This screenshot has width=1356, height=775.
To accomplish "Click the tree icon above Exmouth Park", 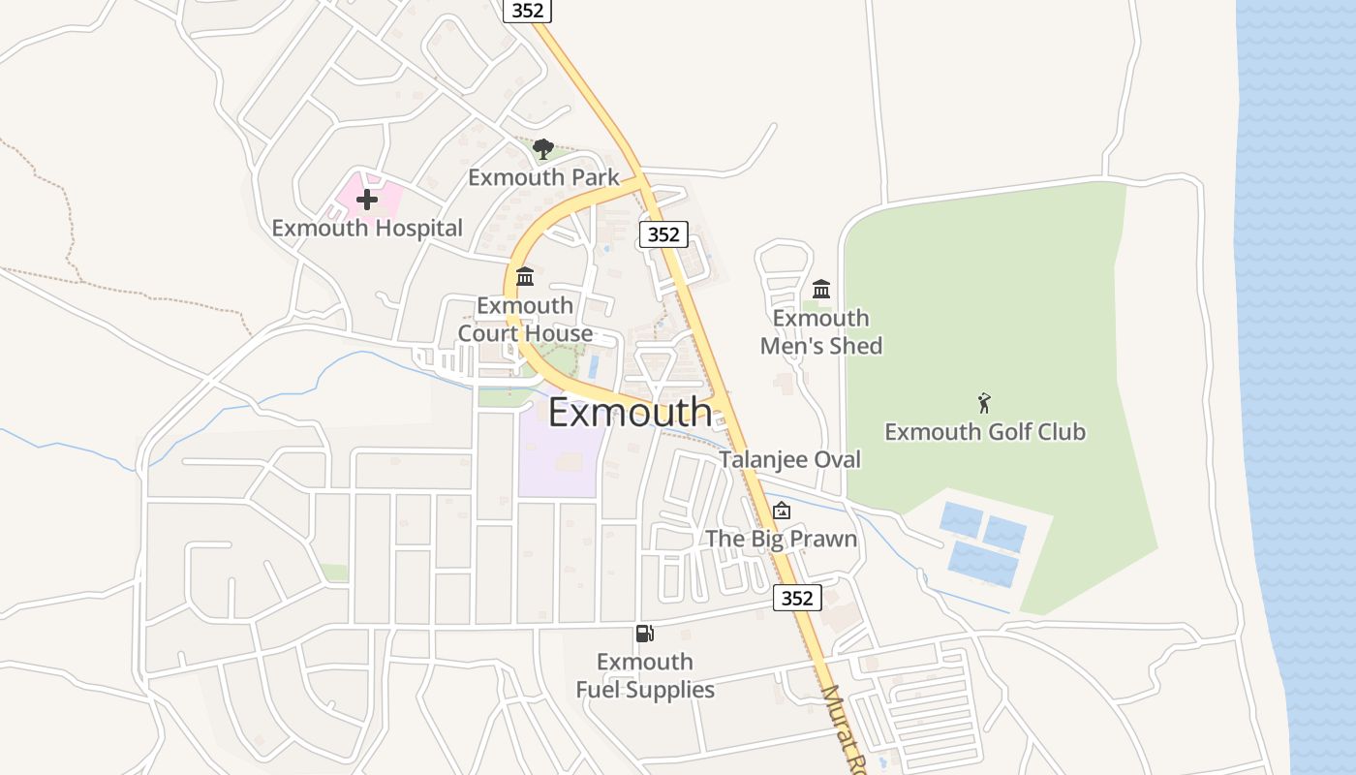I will (543, 149).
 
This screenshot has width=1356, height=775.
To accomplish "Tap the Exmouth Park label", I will (543, 177).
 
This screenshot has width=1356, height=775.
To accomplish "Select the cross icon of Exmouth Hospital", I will (367, 201).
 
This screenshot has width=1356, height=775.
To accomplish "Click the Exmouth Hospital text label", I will (367, 228).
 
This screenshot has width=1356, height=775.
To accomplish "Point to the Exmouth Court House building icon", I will (525, 277).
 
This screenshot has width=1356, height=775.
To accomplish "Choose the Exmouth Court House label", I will (525, 320).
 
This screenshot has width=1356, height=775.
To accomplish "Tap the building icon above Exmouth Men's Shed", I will (821, 289).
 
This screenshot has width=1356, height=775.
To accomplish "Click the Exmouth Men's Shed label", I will (821, 332).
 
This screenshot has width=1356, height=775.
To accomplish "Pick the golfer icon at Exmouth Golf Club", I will (985, 403).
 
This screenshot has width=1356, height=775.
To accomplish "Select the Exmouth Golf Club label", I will (985, 431).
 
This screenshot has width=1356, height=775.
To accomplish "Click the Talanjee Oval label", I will (789, 459).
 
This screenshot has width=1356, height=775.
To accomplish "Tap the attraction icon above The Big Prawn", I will (782, 511).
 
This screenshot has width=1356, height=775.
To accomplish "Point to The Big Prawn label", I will (782, 539).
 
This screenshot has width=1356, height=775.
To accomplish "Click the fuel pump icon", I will (644, 634).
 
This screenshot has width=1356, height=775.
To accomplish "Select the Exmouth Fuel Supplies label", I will (645, 675).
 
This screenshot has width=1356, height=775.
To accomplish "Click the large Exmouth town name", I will (630, 413).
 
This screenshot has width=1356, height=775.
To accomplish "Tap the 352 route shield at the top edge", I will (528, 11).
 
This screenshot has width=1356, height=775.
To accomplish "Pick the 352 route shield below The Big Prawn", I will (797, 598).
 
